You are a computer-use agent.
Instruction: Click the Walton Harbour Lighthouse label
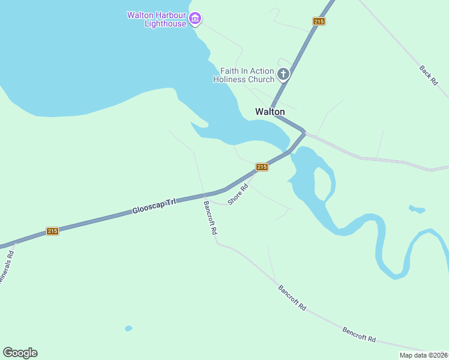point(157,19)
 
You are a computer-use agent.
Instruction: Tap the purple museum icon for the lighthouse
point(194,19)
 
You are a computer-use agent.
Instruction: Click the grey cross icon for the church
point(283,75)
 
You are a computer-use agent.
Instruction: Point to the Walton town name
point(270,112)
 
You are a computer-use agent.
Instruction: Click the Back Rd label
point(429,74)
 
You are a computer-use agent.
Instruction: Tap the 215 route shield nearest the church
point(319,22)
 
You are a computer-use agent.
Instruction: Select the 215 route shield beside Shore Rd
point(262,167)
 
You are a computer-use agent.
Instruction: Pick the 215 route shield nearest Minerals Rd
point(53,231)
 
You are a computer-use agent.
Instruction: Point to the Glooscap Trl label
point(154,206)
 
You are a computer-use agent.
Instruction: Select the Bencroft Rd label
point(359,334)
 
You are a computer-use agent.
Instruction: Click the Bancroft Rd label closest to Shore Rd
point(209,217)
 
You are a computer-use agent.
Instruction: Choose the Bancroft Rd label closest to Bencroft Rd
point(292,298)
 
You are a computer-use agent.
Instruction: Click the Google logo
point(20,353)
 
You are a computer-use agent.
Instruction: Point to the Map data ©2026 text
point(423,355)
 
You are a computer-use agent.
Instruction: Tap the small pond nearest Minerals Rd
point(128,328)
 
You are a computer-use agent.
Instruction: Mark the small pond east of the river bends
point(417,209)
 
